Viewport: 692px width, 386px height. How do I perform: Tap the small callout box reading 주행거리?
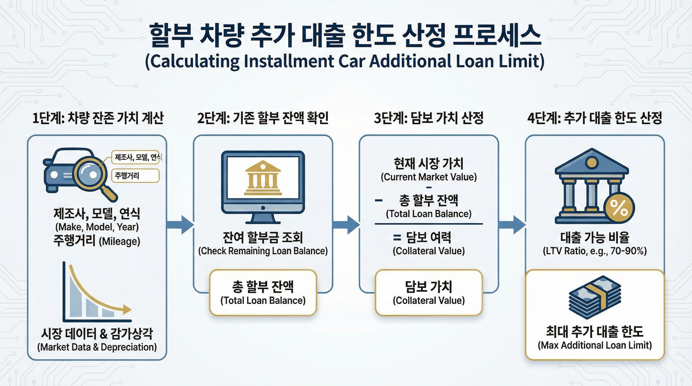[x=135, y=176]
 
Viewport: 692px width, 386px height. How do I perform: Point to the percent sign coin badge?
[x=619, y=208]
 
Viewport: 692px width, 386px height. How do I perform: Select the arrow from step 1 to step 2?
[x=180, y=225]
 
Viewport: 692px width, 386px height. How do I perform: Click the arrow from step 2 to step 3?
[x=346, y=225]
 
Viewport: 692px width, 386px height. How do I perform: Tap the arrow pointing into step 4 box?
[x=512, y=225]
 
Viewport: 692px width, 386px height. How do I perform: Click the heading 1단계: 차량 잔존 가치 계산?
[x=98, y=118]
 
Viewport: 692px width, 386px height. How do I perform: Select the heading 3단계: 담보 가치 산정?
[x=429, y=118]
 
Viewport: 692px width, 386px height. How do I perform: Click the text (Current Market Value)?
[x=429, y=177]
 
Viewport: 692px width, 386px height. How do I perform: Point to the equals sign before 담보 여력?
[x=397, y=237]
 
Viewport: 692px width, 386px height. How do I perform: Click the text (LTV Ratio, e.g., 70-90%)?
[x=595, y=251]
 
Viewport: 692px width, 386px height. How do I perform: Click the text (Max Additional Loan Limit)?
[x=595, y=345]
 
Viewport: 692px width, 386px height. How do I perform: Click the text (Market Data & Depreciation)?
[x=97, y=347]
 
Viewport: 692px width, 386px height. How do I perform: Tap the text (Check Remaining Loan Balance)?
[x=263, y=251]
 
